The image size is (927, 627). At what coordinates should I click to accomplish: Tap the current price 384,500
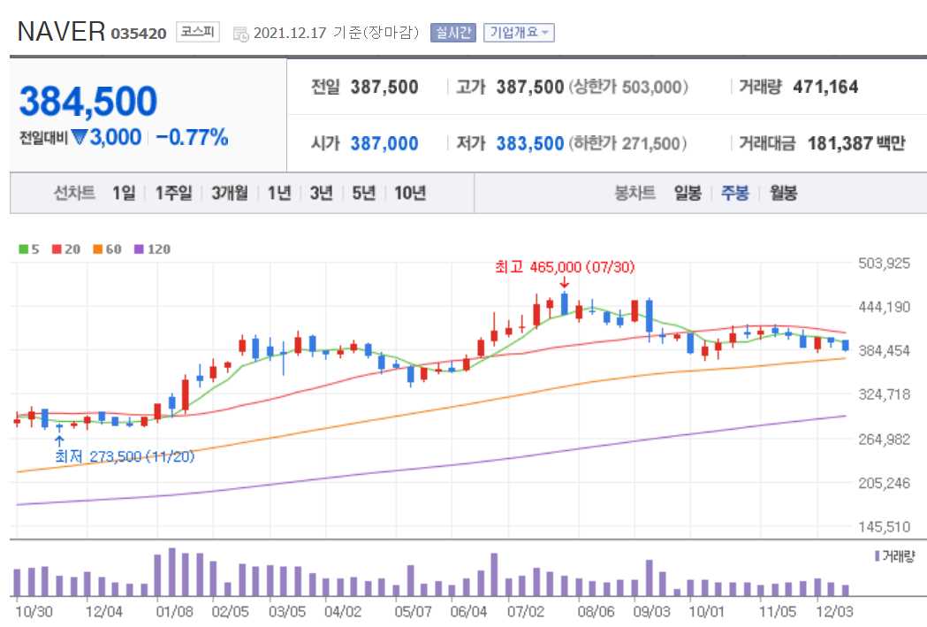[x=88, y=102]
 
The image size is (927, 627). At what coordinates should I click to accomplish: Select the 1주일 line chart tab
[x=173, y=193]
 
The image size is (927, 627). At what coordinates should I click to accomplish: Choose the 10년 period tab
[x=410, y=193]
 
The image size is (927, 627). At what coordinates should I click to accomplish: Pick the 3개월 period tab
[x=230, y=193]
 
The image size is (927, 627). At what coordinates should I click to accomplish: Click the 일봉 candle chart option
[x=688, y=193]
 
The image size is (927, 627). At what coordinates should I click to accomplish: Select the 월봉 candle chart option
[x=783, y=193]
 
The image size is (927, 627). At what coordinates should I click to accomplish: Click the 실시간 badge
[x=453, y=33]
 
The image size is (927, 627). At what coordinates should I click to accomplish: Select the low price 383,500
[x=529, y=143]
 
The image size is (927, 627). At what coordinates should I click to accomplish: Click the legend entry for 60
[x=108, y=249]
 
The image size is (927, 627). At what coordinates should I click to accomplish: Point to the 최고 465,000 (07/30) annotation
[x=565, y=266]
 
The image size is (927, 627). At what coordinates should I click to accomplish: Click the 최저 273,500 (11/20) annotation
[x=125, y=456]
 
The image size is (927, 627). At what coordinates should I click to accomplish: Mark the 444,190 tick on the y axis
[x=884, y=307]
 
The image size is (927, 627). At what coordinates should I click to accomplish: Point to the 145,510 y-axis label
[x=884, y=526]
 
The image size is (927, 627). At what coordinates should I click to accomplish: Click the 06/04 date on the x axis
[x=468, y=610]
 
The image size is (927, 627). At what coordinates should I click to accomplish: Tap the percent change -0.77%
[x=192, y=137]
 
